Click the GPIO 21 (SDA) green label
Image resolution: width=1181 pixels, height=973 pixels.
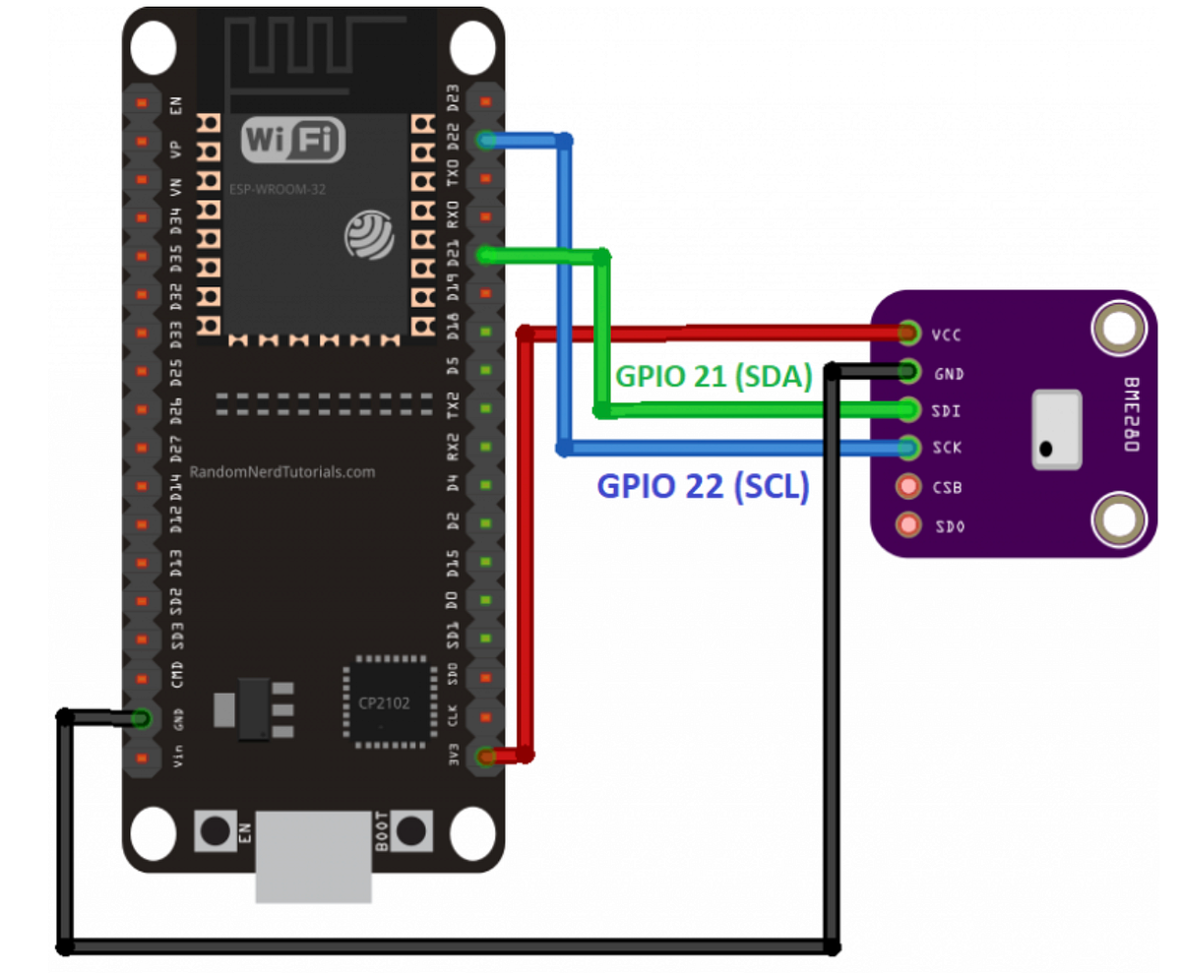(x=714, y=375)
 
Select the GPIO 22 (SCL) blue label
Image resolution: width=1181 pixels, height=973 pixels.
(x=703, y=487)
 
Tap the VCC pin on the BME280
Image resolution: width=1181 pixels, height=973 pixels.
(x=908, y=334)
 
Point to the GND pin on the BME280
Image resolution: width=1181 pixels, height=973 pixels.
(x=908, y=372)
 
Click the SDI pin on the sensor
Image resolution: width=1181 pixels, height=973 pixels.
(x=908, y=409)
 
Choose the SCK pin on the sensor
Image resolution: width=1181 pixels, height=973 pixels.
(x=908, y=448)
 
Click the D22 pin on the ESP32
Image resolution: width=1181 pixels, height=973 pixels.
(x=484, y=141)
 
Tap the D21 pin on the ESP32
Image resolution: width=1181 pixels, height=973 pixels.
(x=484, y=255)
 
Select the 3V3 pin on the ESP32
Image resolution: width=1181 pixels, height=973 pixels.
(x=484, y=757)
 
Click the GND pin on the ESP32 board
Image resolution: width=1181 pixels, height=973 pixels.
(x=142, y=719)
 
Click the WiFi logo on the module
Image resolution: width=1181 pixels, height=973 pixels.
(x=293, y=141)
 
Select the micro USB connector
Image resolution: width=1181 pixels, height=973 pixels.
(x=314, y=857)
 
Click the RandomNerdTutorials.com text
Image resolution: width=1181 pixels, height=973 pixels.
(x=282, y=472)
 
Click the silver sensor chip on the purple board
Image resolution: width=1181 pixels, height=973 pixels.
(x=1056, y=429)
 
